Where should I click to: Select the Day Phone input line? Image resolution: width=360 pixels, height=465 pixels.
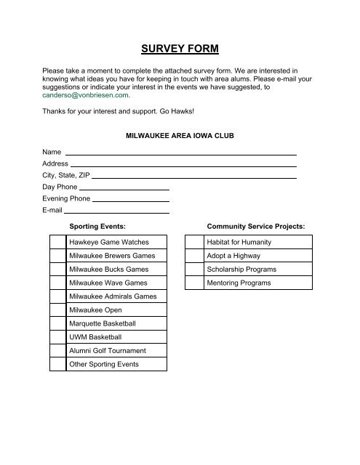(124, 188)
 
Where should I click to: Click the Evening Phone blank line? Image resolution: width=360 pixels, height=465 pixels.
(131, 200)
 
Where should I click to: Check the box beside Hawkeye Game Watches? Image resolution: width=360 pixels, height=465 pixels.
(57, 242)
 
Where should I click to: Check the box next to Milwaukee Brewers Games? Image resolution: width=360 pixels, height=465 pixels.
(57, 256)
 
